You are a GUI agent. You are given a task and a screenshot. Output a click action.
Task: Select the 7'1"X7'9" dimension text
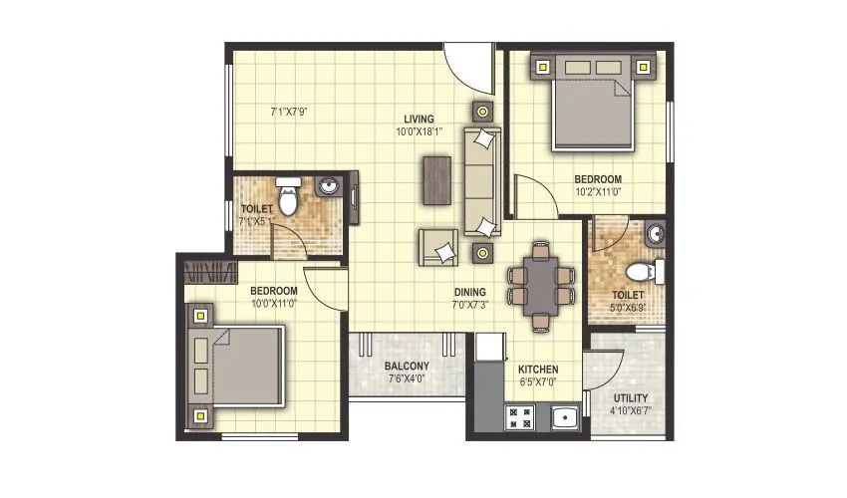tap(289, 112)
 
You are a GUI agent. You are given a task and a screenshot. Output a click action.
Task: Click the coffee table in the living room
tap(435, 179)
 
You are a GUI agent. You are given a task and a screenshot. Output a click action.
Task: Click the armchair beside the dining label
tap(438, 246)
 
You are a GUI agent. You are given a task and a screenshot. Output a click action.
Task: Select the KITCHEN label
tap(537, 369)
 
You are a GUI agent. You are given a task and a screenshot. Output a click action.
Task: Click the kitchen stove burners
tap(519, 418)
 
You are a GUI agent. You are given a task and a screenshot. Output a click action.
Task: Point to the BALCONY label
tap(407, 366)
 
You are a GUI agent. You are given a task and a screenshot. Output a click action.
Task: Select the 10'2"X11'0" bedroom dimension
tap(598, 193)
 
